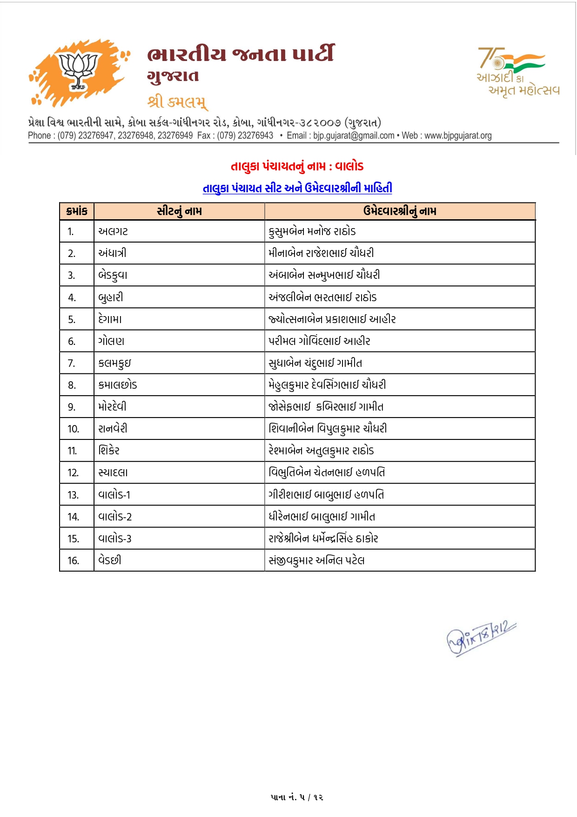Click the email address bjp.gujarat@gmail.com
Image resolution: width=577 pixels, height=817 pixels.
(354, 135)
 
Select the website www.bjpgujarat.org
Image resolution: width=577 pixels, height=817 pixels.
(458, 135)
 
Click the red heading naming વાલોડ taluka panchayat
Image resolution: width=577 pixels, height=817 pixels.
(297, 166)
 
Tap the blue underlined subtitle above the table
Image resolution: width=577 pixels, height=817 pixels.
(297, 188)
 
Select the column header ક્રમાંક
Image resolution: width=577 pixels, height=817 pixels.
(77, 211)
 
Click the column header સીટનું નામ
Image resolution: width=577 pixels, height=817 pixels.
(179, 211)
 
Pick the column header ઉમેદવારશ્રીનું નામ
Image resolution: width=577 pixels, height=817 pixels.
(400, 211)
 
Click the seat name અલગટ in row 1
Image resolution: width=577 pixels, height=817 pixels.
(113, 231)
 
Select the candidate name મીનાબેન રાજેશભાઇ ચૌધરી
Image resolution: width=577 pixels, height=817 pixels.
(321, 253)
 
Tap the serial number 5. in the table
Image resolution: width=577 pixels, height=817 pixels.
(72, 319)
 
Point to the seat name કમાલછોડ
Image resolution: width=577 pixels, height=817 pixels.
(118, 385)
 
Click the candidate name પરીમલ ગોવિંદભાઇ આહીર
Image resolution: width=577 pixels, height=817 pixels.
(319, 341)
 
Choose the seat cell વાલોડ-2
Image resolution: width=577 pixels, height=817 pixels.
(115, 517)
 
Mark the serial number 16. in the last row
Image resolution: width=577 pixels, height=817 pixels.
(73, 560)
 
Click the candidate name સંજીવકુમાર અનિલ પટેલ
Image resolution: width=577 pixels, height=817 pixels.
(316, 560)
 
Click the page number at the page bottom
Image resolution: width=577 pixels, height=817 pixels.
(297, 797)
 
